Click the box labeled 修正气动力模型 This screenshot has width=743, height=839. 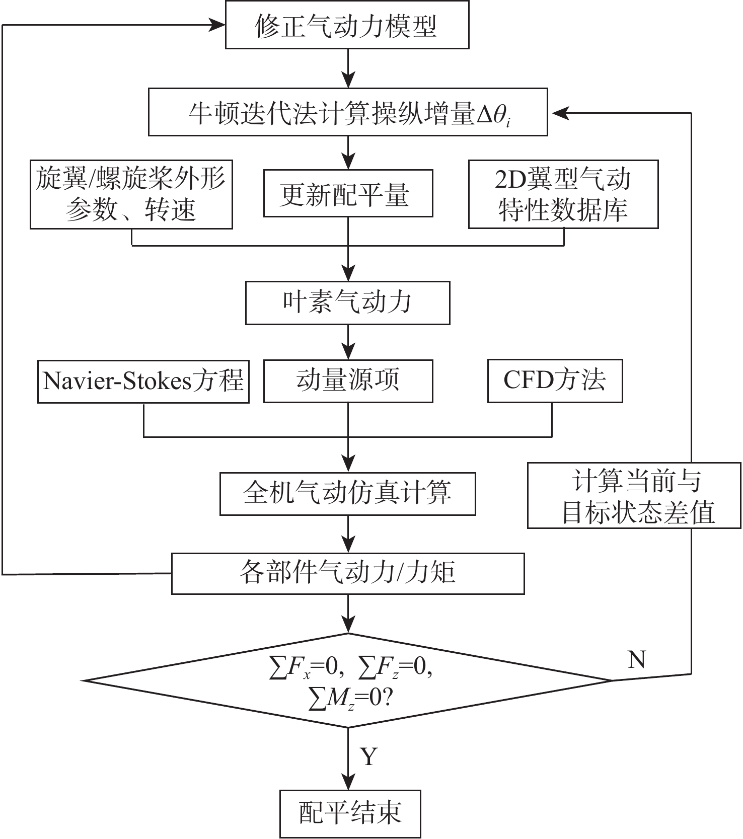coord(347,25)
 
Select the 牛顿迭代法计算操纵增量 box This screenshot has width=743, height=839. coord(347,112)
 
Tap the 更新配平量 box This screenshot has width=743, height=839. coord(348,194)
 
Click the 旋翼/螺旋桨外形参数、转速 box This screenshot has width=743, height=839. coord(131,194)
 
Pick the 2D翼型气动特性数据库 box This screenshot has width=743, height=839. coord(563,194)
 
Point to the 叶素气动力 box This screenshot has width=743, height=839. coord(347,302)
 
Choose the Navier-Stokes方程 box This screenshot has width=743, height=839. coord(143,381)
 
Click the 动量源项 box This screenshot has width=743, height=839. coord(348,381)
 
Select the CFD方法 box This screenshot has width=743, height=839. coord(555,381)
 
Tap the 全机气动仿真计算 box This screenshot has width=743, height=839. coord(347,493)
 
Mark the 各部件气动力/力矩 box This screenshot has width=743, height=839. coord(347,573)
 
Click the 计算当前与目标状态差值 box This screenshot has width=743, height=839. coord(634,496)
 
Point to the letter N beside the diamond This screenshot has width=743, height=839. coord(637,659)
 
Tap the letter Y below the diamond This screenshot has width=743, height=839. coord(369,756)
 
